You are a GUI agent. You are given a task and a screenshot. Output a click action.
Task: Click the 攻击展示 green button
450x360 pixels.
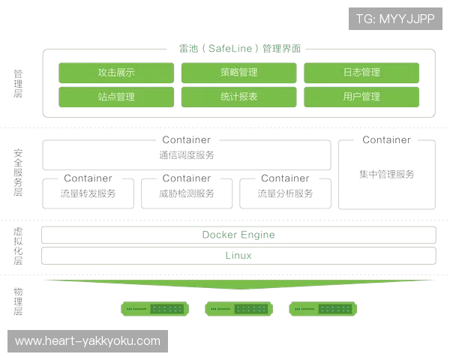[x=116, y=73]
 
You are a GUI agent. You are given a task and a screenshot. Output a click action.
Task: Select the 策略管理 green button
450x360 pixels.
[x=239, y=73]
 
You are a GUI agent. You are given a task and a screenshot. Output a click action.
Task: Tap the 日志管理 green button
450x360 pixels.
[x=361, y=73]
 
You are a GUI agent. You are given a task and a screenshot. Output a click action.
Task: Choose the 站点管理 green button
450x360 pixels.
[x=116, y=97]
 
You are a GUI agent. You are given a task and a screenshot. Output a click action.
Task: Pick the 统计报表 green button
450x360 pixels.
[x=239, y=97]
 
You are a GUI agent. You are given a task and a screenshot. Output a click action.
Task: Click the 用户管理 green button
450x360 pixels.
[x=361, y=97]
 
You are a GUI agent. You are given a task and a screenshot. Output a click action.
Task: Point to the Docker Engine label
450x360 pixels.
[x=238, y=235]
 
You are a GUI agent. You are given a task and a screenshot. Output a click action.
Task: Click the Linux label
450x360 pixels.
[x=238, y=256]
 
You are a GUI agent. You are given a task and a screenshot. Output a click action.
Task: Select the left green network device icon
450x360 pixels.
[x=154, y=308]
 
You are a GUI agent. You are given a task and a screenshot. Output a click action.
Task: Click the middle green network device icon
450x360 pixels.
[x=238, y=308]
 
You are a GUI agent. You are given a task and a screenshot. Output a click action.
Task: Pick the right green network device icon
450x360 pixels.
[x=322, y=308]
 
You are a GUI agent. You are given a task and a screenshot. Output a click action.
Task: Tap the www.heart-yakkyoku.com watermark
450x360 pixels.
[x=88, y=341]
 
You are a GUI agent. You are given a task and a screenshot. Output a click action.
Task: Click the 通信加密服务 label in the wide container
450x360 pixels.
[x=187, y=156]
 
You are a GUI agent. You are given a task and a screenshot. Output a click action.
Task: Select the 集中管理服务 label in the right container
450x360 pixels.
[x=386, y=174]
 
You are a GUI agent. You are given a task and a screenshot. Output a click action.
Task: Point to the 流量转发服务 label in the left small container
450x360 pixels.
[x=88, y=192]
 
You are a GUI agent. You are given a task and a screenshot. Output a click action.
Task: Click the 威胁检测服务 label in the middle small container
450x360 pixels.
[x=187, y=192]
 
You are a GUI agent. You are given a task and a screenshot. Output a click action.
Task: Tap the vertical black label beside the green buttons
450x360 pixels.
[x=18, y=83]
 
